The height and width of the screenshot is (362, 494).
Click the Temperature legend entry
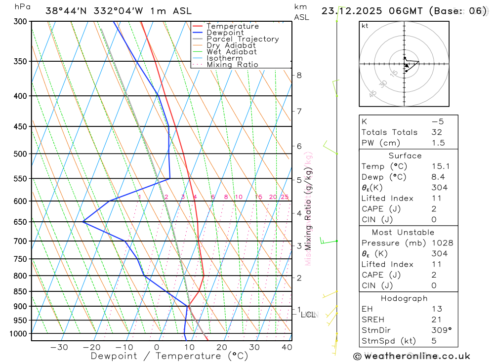pyautogui.click(x=232, y=26)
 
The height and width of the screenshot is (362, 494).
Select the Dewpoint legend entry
pyautogui.click(x=225, y=33)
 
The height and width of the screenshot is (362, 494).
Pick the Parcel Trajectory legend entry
pyautogui.click(x=242, y=39)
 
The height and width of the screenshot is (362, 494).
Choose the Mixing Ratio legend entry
pyautogui.click(x=232, y=65)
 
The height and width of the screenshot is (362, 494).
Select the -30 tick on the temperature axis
pyautogui.click(x=59, y=347)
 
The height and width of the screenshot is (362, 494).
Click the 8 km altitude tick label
pyautogui.click(x=299, y=75)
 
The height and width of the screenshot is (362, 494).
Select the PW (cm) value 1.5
pyautogui.click(x=438, y=143)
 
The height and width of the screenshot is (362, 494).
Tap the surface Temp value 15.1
pyautogui.click(x=440, y=166)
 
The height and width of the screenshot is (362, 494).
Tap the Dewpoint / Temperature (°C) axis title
pyautogui.click(x=169, y=356)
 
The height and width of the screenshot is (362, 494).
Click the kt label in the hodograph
pyautogui.click(x=365, y=26)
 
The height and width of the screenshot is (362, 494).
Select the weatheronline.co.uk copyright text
pyautogui.click(x=412, y=356)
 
